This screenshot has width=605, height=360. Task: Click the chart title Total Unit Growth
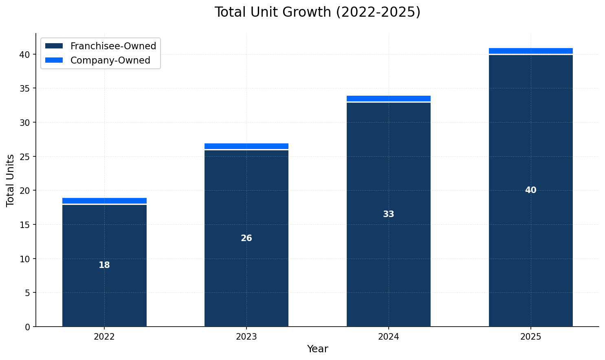pos(317,12)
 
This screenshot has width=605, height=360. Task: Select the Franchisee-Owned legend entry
pos(113,46)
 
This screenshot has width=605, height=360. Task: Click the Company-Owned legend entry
pos(110,60)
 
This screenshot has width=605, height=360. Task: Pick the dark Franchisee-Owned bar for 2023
pos(246,277)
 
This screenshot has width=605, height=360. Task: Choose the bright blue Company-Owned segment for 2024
pos(389,99)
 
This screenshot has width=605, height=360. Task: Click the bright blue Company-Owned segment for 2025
pos(530,51)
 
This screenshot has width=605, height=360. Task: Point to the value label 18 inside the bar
pos(104,265)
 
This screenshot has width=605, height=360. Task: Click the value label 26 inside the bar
pos(246,238)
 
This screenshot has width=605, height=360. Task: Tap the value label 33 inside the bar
pos(389,214)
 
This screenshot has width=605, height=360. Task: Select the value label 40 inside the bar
pos(530,190)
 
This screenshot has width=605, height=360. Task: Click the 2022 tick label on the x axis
pos(104,337)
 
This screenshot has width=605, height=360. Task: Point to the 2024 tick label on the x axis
pos(389,337)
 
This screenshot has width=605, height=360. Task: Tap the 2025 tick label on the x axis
pos(530,337)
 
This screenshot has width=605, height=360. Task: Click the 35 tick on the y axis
pos(25,88)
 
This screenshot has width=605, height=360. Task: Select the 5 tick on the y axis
pos(27,293)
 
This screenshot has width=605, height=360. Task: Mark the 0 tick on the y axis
pos(27,327)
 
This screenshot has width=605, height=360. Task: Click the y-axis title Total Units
pos(11,180)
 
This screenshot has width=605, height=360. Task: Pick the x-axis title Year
pos(317,349)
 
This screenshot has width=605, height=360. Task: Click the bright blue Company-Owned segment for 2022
pos(104,201)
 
